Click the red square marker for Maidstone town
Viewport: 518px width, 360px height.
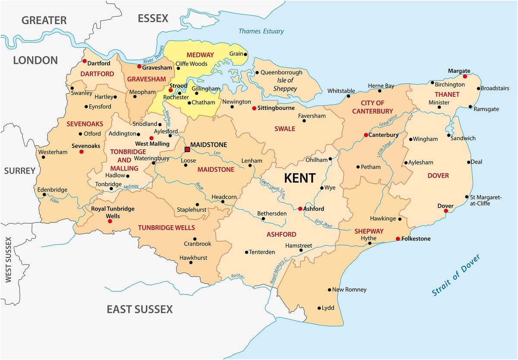coord(187,149)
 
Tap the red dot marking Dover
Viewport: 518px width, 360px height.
coord(445,211)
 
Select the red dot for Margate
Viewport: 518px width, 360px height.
coord(465,76)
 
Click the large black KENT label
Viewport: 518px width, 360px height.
coord(300,178)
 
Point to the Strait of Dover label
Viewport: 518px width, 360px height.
coord(456,275)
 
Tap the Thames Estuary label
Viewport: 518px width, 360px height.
coord(261,31)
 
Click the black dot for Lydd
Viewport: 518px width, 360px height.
coord(319,308)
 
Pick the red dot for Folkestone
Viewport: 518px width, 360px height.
coord(398,239)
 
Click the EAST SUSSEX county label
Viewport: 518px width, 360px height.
coord(139,309)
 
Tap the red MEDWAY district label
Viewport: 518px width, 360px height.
coord(200,55)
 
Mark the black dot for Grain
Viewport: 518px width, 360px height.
coord(245,54)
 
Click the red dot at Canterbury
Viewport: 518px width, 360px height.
coord(366,135)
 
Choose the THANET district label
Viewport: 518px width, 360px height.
coord(447,94)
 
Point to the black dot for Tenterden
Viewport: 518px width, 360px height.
coord(246,252)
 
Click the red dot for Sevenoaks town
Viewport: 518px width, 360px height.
coord(81,152)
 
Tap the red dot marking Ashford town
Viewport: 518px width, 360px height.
coord(300,209)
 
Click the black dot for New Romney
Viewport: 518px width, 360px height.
coord(329,290)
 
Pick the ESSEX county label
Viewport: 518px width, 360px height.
coord(153,18)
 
